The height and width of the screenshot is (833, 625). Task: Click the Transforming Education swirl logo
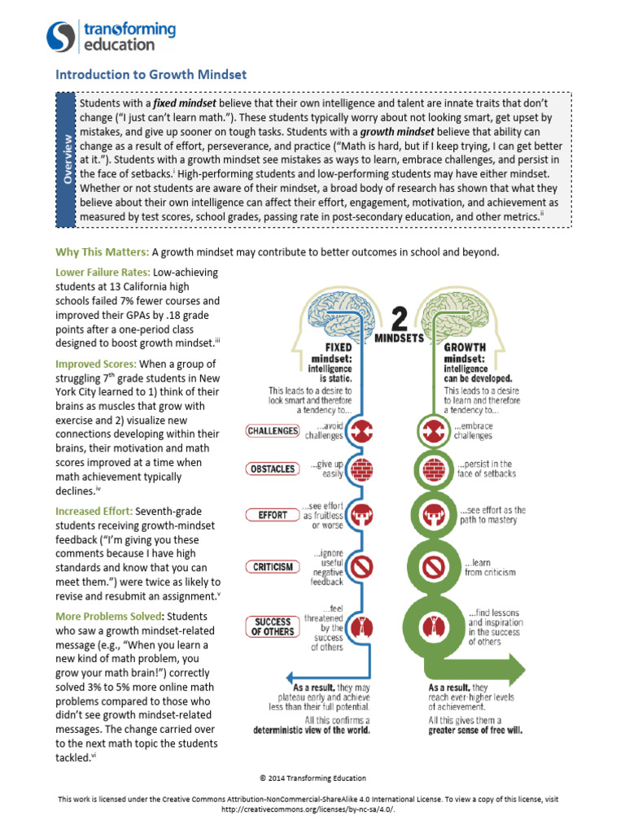click(62, 37)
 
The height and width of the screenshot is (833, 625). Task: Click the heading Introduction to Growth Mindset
click(151, 75)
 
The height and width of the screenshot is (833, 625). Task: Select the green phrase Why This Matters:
click(102, 252)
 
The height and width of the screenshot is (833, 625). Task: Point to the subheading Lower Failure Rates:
click(103, 273)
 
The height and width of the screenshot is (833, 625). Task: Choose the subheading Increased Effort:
click(94, 512)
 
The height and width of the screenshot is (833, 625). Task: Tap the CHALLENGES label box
click(273, 430)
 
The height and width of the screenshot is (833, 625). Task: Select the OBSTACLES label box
click(273, 469)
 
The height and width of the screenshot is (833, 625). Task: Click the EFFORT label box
click(273, 515)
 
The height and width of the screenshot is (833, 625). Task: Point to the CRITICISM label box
click(273, 566)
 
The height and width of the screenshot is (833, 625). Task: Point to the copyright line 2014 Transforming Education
click(312, 778)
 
